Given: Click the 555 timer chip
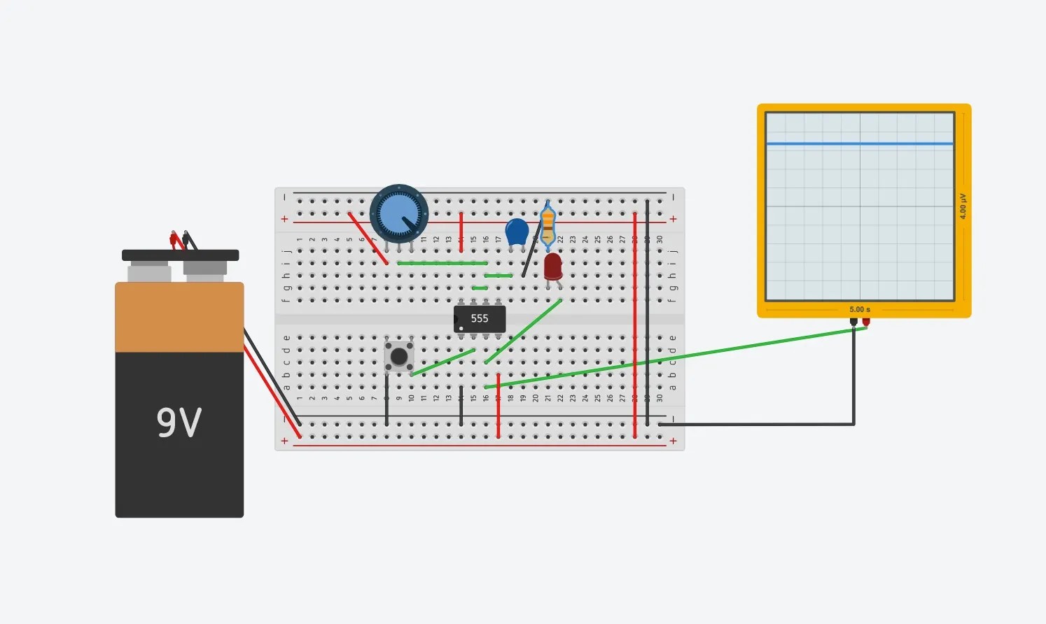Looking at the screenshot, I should coord(480,319).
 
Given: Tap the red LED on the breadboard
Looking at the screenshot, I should coord(552,267).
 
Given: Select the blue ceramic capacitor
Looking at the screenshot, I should coord(517,232).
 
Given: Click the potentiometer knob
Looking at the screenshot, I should coord(399,214).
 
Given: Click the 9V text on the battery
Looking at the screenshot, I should coord(179,422).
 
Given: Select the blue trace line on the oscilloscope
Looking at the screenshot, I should coord(860,143).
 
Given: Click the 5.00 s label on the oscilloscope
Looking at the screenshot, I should coord(860,309).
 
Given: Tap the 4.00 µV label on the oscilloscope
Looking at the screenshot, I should coord(963,206).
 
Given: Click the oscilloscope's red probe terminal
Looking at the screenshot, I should coord(866,322).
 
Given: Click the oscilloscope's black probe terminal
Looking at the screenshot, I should coord(853,322).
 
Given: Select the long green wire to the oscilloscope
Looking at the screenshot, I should coord(672,357).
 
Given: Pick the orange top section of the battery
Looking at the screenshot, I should coord(179,317).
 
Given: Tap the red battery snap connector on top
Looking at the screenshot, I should coord(174,239).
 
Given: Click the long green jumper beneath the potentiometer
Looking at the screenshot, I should coord(442,263).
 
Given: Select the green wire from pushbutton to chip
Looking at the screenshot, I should coord(442,362).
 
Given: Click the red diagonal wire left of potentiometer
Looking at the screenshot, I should coord(368,239).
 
